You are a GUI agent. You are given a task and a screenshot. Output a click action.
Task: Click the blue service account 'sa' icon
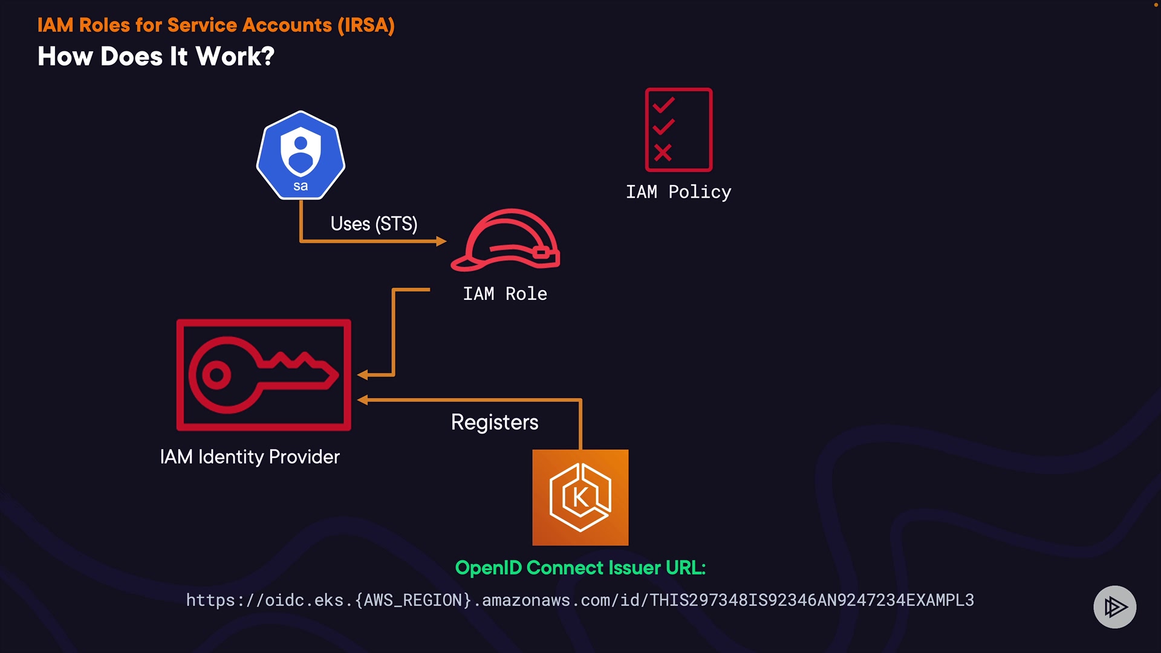tap(301, 155)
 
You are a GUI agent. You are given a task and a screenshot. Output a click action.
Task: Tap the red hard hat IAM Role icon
tap(506, 240)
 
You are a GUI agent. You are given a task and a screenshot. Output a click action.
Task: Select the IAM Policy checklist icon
tap(678, 130)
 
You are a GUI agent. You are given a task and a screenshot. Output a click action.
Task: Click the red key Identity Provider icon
tap(264, 375)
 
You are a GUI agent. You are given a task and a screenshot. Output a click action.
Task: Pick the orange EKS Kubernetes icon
tap(580, 498)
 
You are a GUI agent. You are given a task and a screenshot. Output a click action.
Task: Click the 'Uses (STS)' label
tap(374, 224)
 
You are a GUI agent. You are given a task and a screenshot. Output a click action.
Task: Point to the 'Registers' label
tap(495, 422)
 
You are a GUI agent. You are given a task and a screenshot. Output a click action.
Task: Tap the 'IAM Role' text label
tap(505, 294)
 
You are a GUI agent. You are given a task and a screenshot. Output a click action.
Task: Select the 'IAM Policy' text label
tap(678, 192)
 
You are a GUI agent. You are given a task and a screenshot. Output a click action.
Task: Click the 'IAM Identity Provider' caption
tap(250, 456)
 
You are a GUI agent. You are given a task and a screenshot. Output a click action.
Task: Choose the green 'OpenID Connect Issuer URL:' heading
tap(580, 568)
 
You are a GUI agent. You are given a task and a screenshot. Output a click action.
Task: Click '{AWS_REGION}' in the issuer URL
tap(413, 600)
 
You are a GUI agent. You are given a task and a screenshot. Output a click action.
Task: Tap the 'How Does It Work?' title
tap(156, 56)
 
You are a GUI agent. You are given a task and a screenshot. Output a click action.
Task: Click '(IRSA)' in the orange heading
tap(366, 25)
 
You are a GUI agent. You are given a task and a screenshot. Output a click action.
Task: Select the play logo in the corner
tap(1115, 607)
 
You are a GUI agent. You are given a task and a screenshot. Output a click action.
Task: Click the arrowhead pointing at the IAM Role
tap(441, 241)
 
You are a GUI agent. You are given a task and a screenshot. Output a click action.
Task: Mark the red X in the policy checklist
tap(663, 152)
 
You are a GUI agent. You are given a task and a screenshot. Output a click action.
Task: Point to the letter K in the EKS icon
tap(580, 498)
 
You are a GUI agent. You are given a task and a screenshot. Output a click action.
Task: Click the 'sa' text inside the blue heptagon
tap(301, 186)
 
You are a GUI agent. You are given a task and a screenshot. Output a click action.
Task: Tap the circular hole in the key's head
tap(216, 375)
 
